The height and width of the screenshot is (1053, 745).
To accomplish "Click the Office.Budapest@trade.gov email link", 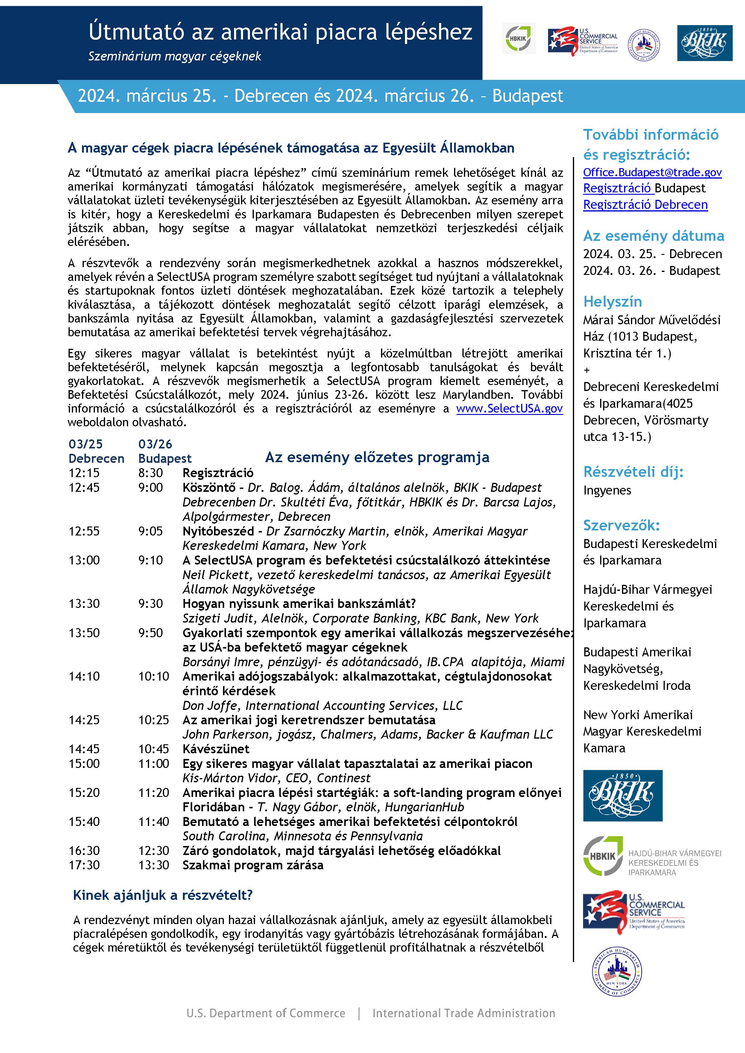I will [x=652, y=172].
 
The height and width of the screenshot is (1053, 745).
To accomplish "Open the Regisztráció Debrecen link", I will [x=645, y=205].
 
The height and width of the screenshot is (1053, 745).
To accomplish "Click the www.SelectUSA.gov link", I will [x=509, y=409].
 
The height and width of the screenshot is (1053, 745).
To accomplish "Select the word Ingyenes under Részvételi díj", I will [x=607, y=490].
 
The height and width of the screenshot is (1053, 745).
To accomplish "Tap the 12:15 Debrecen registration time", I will [x=84, y=473].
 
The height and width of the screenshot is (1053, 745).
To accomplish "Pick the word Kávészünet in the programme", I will [x=216, y=749].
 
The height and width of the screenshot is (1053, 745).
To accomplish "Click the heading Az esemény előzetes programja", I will [x=377, y=457].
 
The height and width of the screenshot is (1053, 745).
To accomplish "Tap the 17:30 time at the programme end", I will [x=84, y=865].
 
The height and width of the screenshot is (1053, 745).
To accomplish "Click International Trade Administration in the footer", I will [x=463, y=1013].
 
